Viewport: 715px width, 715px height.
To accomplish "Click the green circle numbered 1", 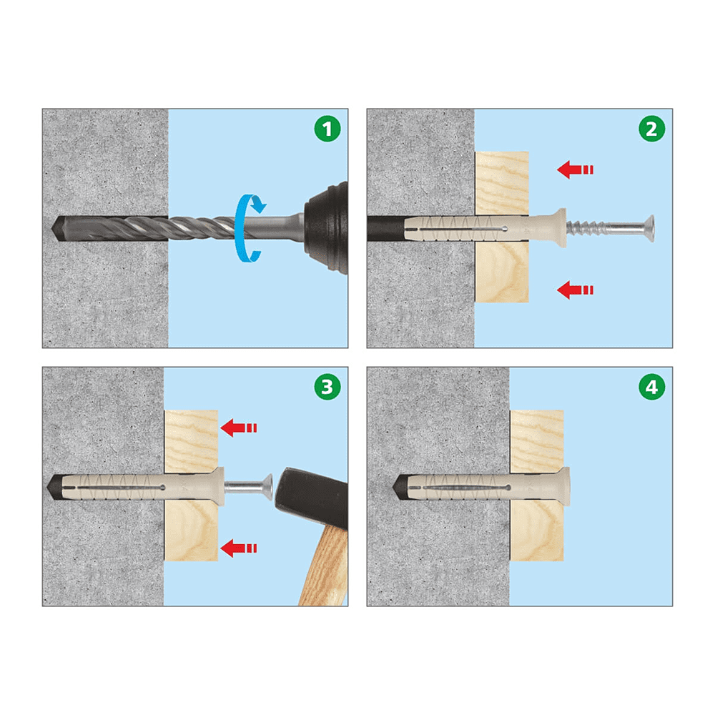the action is tap(327, 129).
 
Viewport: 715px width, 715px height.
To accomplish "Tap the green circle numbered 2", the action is tap(651, 129).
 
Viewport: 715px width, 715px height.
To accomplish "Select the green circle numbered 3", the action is tap(327, 387).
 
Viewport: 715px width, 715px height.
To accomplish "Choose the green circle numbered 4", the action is tap(651, 387).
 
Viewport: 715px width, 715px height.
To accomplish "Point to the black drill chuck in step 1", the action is tap(327, 228).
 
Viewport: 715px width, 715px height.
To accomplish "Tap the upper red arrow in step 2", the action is tap(575, 169).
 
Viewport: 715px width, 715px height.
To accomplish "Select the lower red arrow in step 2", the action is tap(575, 290).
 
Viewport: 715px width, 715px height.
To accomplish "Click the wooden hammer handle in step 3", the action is tap(325, 566).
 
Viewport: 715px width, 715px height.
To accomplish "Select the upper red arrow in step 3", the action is tap(239, 428).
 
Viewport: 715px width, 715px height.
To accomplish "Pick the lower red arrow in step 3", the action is tap(239, 548).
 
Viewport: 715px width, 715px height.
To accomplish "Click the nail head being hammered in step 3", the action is tap(268, 486).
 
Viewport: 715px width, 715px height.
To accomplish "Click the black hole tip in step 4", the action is tap(400, 486).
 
